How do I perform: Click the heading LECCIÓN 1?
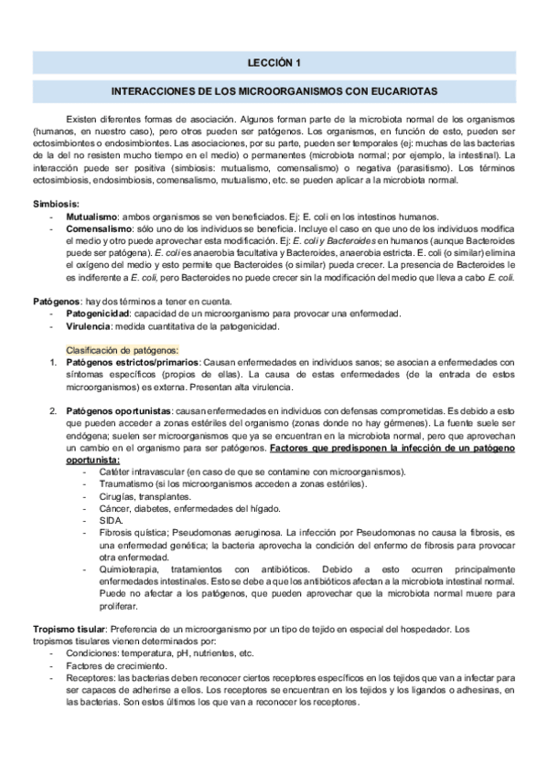click(x=274, y=62)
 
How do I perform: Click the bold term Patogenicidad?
click(x=100, y=313)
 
